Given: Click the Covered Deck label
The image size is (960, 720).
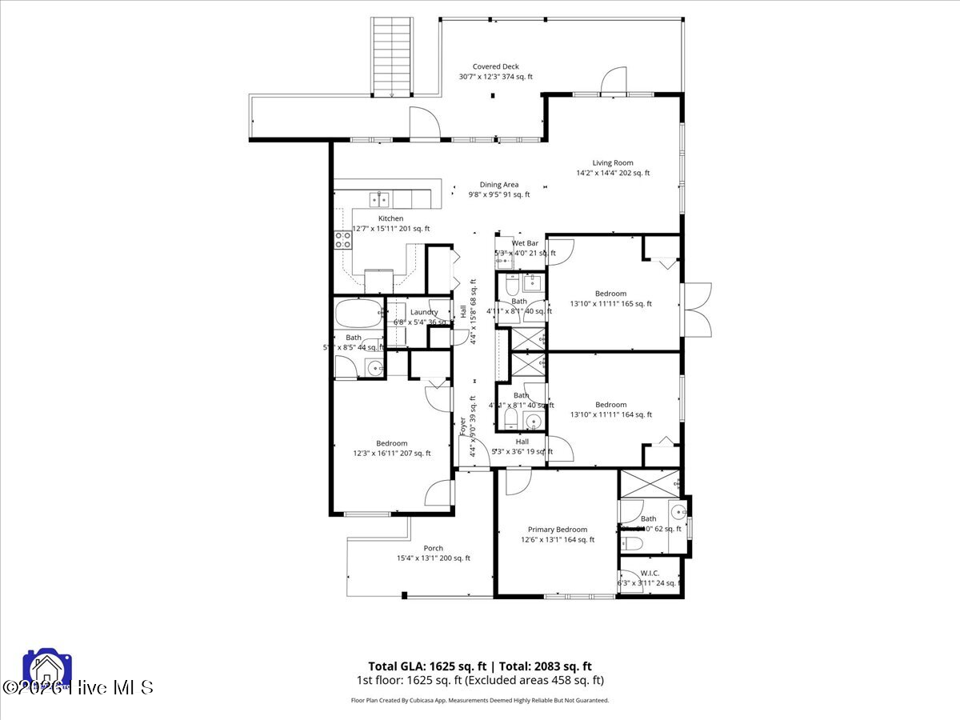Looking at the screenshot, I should (496, 67).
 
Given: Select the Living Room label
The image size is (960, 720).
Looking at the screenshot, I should (613, 163).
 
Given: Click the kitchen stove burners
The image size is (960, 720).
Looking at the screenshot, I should (343, 240).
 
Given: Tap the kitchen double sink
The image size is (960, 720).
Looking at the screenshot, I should (378, 198).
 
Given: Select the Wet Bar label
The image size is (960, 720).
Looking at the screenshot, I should (525, 243).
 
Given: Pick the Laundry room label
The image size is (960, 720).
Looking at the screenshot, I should (424, 313).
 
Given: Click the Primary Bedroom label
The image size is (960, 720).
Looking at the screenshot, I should (558, 530).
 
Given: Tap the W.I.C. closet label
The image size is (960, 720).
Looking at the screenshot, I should (650, 573).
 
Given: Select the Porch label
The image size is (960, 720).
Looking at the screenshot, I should (434, 548).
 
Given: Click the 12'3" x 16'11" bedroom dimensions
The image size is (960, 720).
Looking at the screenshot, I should (392, 454).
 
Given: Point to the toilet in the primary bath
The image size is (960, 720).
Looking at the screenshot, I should (633, 544).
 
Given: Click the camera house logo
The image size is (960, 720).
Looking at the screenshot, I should (48, 670).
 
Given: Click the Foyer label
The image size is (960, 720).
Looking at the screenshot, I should (462, 426).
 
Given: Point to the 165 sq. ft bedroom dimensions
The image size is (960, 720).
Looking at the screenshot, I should (611, 304).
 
